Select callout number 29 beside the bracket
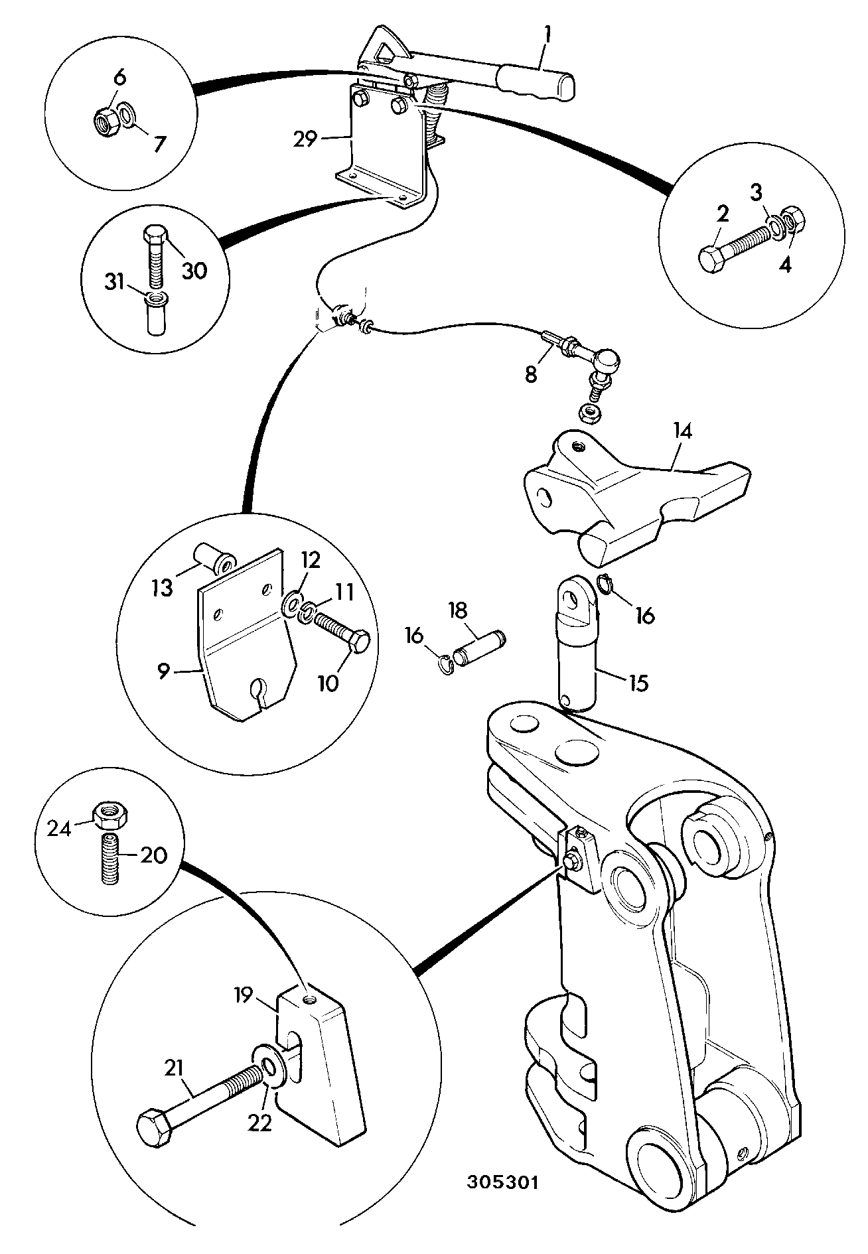tap(307, 139)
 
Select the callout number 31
tap(115, 283)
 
